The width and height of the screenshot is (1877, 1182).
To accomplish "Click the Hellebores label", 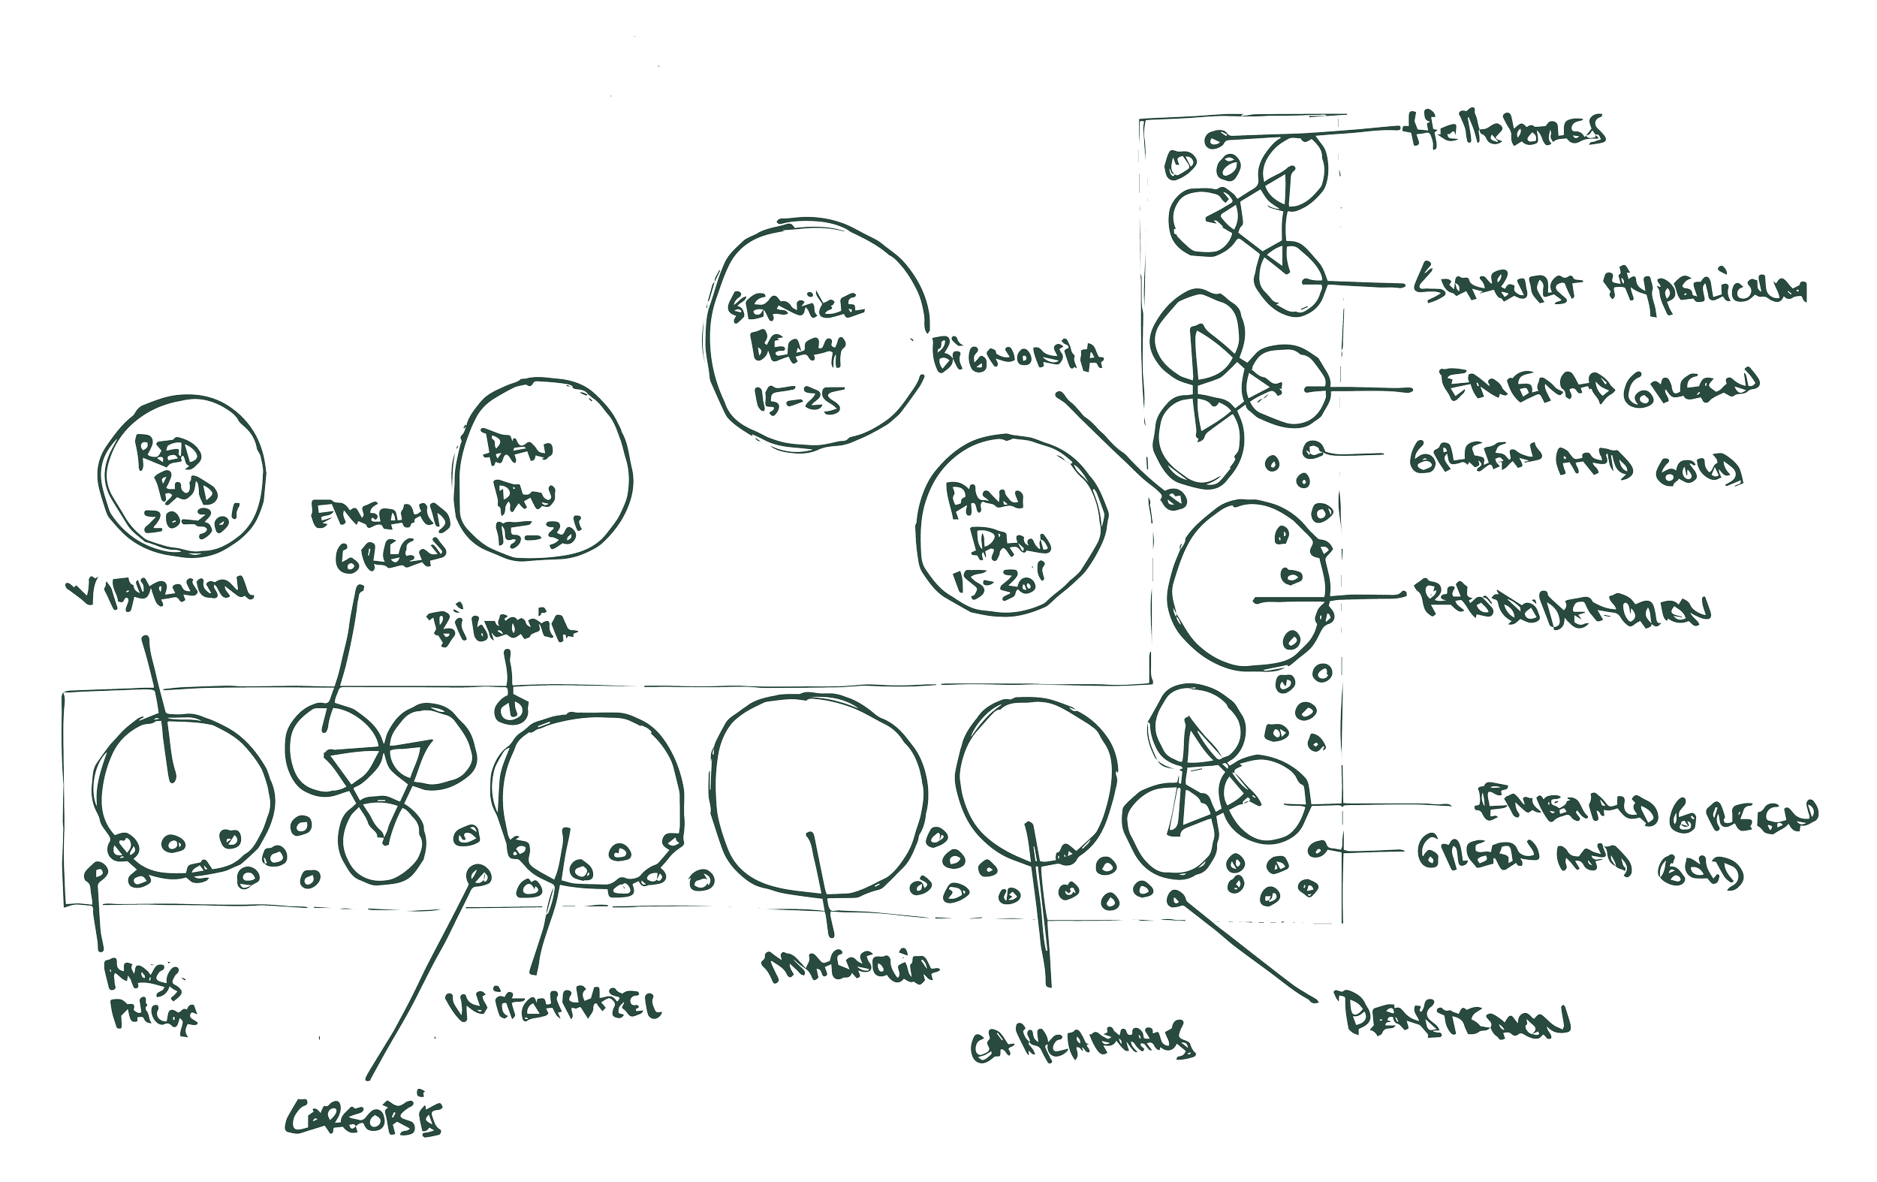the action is pyautogui.click(x=1505, y=130).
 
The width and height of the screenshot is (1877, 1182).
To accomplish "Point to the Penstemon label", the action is pyautogui.click(x=1450, y=1015).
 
